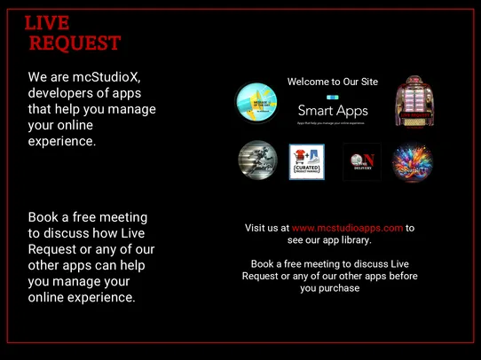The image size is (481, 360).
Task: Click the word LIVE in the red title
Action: (47, 23)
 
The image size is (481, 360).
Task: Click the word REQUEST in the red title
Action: (75, 43)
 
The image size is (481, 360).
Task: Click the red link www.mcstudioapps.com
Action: (348, 228)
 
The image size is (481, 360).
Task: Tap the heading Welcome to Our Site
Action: (333, 82)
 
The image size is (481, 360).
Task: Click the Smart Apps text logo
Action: (333, 111)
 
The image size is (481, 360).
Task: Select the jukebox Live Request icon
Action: (414, 100)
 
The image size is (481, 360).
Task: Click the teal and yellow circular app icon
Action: (256, 103)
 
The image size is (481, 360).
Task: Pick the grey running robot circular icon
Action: (257, 161)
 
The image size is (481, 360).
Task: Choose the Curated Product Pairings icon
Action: (307, 162)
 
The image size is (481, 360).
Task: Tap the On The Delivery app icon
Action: (362, 162)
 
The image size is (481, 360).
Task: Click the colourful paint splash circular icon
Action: (413, 162)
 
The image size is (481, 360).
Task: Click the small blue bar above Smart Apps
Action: (333, 97)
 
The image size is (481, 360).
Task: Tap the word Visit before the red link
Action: (256, 228)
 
